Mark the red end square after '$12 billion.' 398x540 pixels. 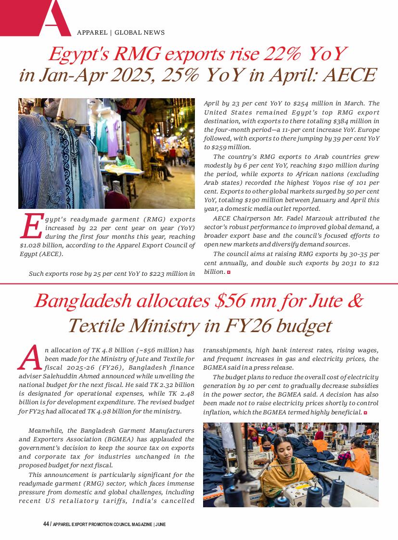pos(229,272)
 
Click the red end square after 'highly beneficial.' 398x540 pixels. pos(365,412)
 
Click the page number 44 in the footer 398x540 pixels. pos(46,524)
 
